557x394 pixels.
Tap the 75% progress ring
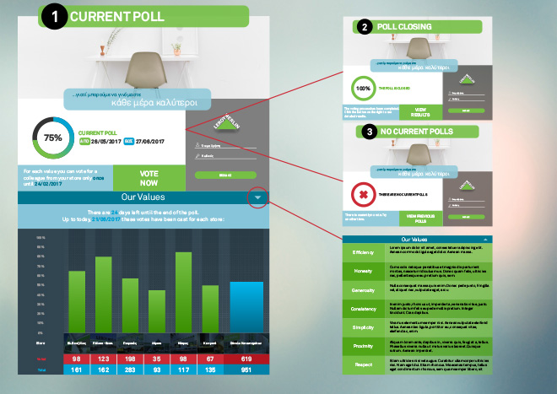pyautogui.click(x=52, y=137)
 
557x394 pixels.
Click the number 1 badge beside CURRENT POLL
pyautogui.click(x=54, y=17)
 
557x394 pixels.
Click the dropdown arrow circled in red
pyautogui.click(x=258, y=198)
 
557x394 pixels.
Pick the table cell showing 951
pyautogui.click(x=246, y=369)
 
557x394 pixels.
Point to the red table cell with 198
pyautogui.click(x=130, y=359)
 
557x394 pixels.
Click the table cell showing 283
pyautogui.click(x=130, y=369)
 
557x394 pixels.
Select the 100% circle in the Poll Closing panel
pyautogui.click(x=363, y=88)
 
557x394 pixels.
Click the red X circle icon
pyautogui.click(x=363, y=196)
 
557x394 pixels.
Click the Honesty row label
pyautogui.click(x=363, y=271)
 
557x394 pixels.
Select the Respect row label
pyautogui.click(x=363, y=364)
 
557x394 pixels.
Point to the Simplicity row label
pyautogui.click(x=363, y=327)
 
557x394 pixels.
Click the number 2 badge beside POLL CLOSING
pyautogui.click(x=364, y=27)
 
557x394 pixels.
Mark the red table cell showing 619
pyautogui.click(x=246, y=359)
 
